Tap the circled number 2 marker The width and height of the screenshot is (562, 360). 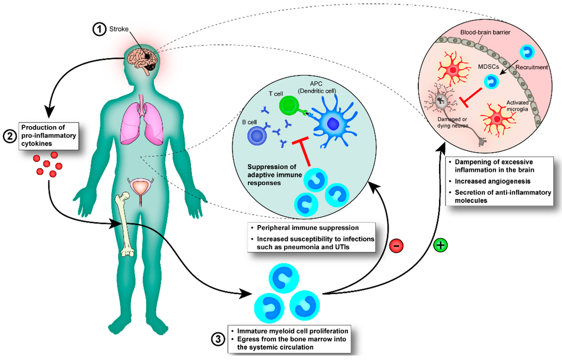(10, 137)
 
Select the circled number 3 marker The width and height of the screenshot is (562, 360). (218, 339)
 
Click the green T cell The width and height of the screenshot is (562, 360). (288, 105)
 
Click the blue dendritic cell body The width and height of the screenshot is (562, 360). (332, 125)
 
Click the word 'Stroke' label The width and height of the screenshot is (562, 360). (120, 29)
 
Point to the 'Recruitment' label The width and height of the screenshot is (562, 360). (532, 67)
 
